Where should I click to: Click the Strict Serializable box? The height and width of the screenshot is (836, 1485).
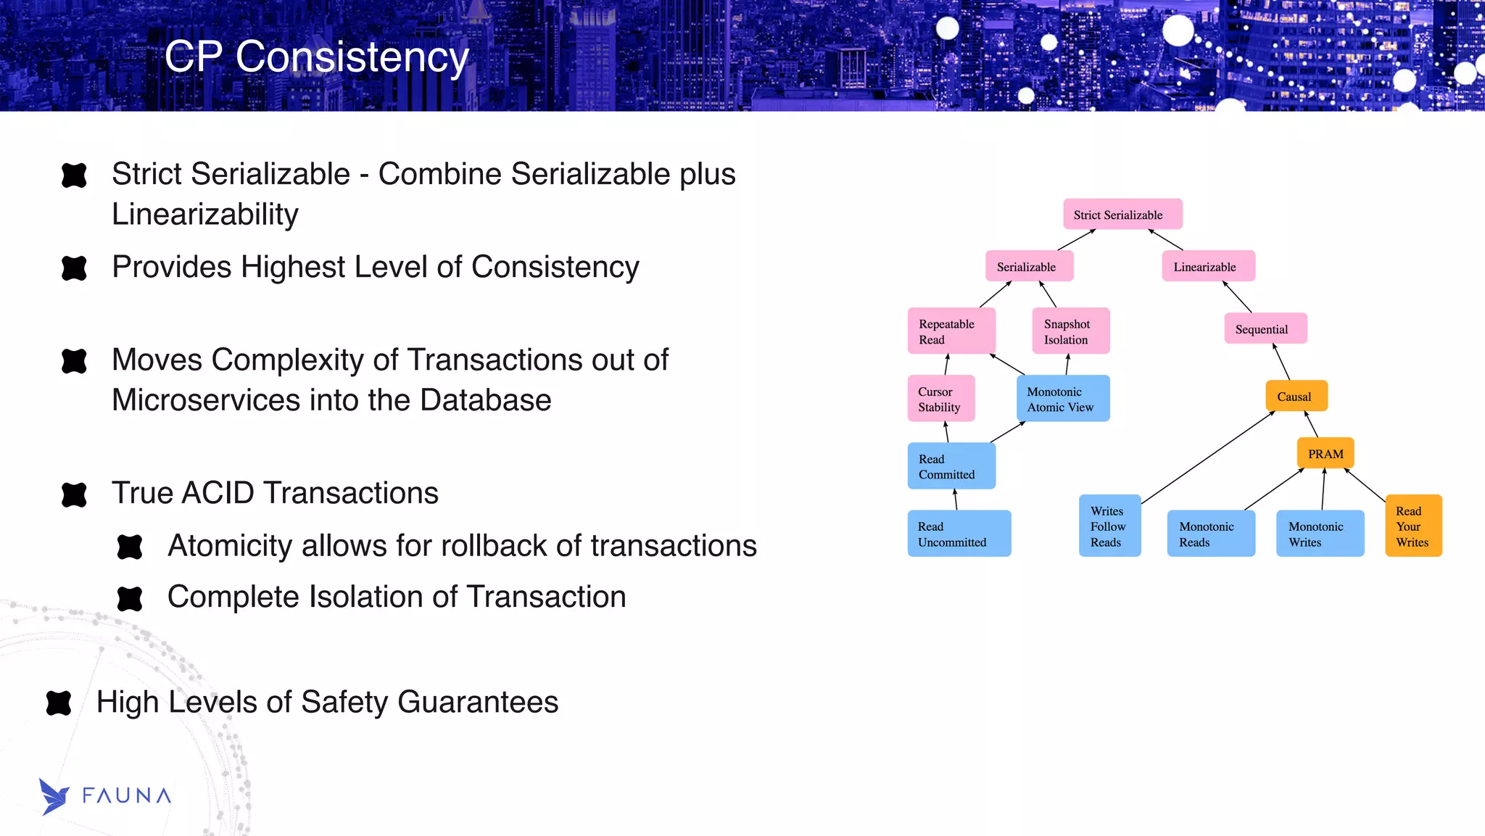(x=1122, y=214)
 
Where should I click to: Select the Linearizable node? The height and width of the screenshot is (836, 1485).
(x=1208, y=266)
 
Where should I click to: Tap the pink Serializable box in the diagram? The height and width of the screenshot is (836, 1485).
(x=1029, y=266)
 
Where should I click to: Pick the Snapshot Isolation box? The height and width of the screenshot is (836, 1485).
(x=1070, y=331)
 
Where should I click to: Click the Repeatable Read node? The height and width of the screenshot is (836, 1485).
(x=951, y=331)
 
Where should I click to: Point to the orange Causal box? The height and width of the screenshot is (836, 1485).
(x=1296, y=396)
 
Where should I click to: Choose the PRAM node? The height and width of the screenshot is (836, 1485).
(x=1325, y=453)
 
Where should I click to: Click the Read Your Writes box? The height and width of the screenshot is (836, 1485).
(x=1412, y=526)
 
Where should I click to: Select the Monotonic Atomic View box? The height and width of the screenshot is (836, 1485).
(x=1062, y=398)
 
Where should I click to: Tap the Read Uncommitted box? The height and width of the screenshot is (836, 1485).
(x=959, y=534)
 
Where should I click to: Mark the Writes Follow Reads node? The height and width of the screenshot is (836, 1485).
(x=1109, y=526)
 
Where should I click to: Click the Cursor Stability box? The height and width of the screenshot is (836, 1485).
(x=940, y=398)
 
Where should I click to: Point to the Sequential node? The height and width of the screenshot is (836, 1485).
(x=1265, y=328)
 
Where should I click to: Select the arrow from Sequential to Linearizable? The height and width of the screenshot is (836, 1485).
(x=1238, y=297)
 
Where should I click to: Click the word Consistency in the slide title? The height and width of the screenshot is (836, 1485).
(x=352, y=57)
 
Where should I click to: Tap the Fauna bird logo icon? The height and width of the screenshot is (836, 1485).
(x=53, y=796)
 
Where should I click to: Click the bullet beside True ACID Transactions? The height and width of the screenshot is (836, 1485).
(x=74, y=494)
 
